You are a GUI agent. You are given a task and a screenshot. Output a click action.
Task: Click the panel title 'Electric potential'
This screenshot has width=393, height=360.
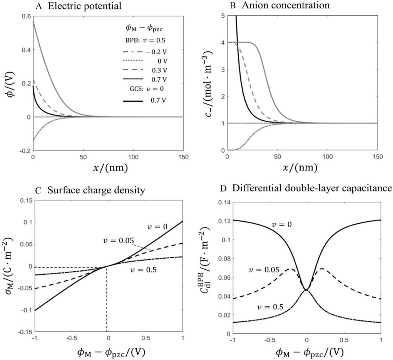[x=85, y=6]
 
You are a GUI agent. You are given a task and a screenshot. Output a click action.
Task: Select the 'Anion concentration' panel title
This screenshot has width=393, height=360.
[x=282, y=6]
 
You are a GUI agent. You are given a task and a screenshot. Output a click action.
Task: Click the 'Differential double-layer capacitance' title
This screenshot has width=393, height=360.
[x=312, y=189]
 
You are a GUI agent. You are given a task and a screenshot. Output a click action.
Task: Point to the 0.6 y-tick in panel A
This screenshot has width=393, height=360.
[x=25, y=16]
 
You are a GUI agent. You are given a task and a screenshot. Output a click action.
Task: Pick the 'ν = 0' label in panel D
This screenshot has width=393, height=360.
[x=283, y=224]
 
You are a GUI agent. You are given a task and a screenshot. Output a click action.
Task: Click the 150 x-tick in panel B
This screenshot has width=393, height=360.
[x=377, y=157]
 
